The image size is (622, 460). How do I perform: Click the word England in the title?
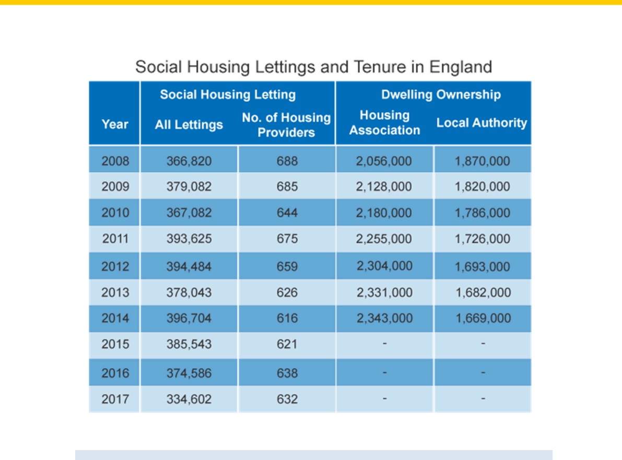(x=461, y=67)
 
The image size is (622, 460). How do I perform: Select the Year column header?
(x=115, y=125)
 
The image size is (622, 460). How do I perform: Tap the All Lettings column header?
(x=189, y=125)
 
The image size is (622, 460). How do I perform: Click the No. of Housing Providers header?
(x=286, y=125)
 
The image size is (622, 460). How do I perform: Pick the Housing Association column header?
(x=384, y=123)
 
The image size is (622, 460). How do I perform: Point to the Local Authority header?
(x=482, y=123)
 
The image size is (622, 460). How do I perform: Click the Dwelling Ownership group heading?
(x=441, y=95)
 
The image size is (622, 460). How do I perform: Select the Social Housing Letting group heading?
(x=228, y=95)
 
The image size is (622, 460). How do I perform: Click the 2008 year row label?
(x=115, y=161)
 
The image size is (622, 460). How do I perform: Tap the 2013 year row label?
(x=115, y=293)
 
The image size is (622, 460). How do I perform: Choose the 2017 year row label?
(x=115, y=399)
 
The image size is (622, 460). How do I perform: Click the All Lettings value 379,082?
(x=189, y=187)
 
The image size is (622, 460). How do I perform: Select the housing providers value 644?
(x=287, y=213)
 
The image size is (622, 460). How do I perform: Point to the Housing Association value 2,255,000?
(x=384, y=239)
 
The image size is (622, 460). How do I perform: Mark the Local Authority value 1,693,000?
(x=482, y=267)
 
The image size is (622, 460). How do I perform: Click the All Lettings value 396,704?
(x=189, y=318)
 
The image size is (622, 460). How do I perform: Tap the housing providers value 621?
(x=287, y=344)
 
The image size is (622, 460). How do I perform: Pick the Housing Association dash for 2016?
(x=384, y=372)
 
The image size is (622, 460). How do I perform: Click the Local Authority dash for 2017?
(x=483, y=398)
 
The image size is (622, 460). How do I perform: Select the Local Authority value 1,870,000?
(x=482, y=161)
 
